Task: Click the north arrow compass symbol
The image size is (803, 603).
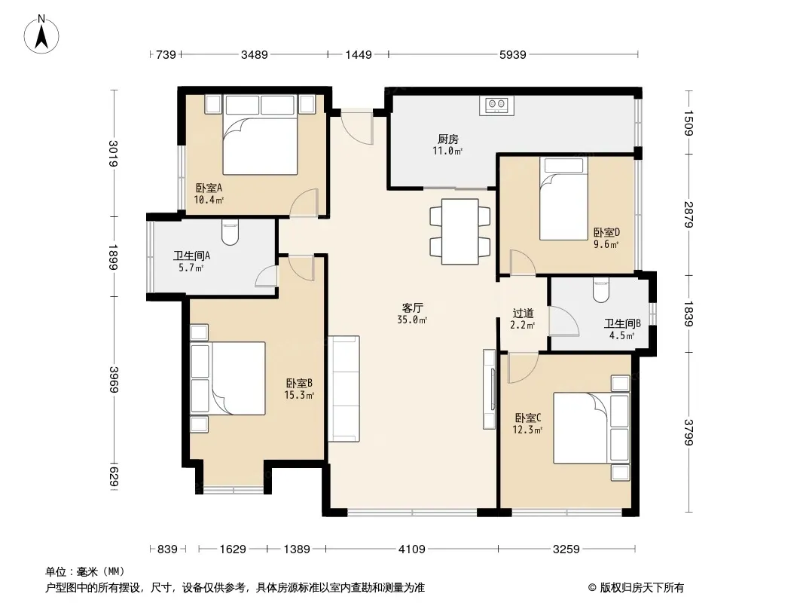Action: (x=41, y=35)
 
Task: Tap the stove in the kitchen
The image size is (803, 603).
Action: (x=496, y=105)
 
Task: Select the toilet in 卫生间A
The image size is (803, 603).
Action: (x=231, y=233)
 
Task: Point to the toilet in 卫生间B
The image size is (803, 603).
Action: (x=601, y=290)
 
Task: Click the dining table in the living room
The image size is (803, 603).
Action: (x=460, y=231)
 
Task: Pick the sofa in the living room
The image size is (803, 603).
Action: (x=343, y=388)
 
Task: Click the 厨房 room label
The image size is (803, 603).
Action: (x=448, y=139)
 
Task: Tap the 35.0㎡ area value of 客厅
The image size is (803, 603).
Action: (x=412, y=320)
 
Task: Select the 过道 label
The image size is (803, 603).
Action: (x=523, y=313)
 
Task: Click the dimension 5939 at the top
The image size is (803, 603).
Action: (x=513, y=54)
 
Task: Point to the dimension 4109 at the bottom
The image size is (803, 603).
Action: (x=412, y=549)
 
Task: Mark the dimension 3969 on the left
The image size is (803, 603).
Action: (x=113, y=380)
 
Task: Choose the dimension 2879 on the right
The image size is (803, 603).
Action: (x=689, y=215)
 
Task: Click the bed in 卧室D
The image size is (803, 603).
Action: (x=563, y=198)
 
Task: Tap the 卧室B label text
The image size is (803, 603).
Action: (x=299, y=383)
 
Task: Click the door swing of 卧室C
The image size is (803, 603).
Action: (x=523, y=368)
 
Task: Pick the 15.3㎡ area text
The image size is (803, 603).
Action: (x=299, y=395)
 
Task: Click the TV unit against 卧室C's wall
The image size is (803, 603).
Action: (x=489, y=390)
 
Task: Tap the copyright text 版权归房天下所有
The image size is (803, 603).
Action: (x=641, y=588)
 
